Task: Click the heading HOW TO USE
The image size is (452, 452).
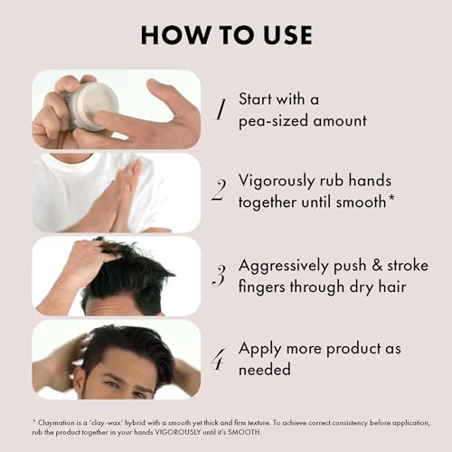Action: [x=225, y=35]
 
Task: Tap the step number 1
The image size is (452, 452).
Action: [x=219, y=109]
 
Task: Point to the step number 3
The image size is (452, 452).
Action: [x=218, y=276]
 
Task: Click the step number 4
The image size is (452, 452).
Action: [x=218, y=359]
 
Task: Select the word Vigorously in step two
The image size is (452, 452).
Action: [x=278, y=181]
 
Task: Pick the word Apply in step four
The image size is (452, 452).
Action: [x=259, y=348]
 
